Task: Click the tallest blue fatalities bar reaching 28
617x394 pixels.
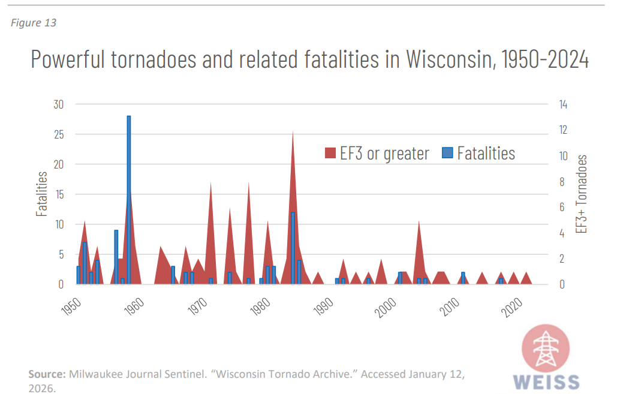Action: (x=128, y=198)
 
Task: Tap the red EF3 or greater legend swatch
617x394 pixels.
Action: (x=330, y=154)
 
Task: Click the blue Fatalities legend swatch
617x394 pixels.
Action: (x=447, y=154)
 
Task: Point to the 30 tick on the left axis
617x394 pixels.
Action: (x=58, y=104)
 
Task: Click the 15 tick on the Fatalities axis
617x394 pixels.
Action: (x=58, y=194)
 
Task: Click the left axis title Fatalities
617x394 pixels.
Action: (x=41, y=194)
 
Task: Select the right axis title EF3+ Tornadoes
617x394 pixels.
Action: (x=580, y=194)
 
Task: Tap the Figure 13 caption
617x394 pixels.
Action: (x=34, y=23)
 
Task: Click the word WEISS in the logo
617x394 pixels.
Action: (x=547, y=382)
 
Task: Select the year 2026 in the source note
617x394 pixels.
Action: (x=40, y=388)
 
